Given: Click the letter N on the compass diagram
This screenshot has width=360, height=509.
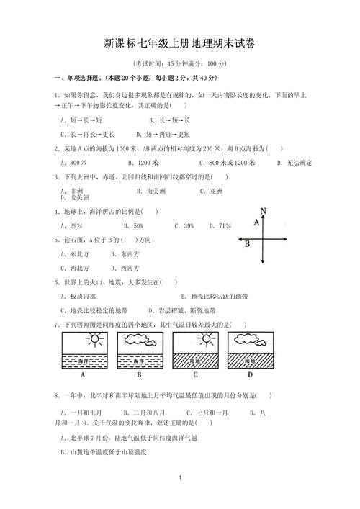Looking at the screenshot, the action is click(x=264, y=210).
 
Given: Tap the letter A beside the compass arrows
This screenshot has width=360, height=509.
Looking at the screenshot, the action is click(x=256, y=224).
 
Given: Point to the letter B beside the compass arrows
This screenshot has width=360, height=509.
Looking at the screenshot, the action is click(x=246, y=243).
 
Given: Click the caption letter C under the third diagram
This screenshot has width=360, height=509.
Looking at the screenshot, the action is click(x=195, y=374).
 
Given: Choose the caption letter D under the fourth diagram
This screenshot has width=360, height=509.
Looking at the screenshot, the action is click(x=251, y=374).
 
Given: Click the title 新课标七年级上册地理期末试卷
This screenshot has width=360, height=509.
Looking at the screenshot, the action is click(x=180, y=44).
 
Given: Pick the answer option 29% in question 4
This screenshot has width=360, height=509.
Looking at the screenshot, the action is click(x=71, y=226).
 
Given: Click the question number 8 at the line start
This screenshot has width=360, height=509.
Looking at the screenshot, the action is click(x=56, y=395).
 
